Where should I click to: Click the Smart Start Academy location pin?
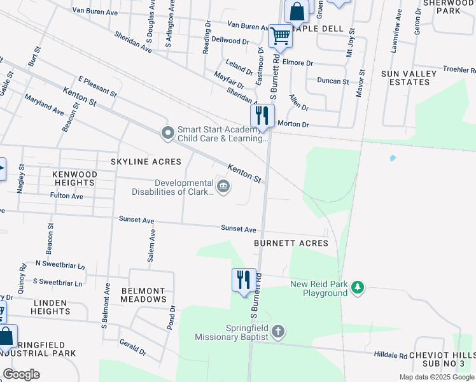coord(167,133)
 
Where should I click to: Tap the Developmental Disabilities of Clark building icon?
coord(223,187)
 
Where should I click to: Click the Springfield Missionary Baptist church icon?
coord(277,332)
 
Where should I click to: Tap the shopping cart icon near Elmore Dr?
coord(280,36)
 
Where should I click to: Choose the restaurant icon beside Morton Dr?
coord(262,115)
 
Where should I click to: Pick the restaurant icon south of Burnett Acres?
coord(244,279)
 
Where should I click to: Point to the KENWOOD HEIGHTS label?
coord(66,178)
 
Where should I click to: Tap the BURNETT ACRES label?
coord(291,243)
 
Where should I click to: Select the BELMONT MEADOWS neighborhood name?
coord(143,295)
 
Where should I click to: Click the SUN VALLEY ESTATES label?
coord(409,78)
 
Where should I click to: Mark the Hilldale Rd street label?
coord(390,355)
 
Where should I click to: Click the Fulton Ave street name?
coord(67,196)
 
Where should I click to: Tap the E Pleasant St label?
coord(97,87)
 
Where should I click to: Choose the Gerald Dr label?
coord(132,347)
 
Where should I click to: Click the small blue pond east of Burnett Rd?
coord(392,158)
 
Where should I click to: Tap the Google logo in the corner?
coord(22,374)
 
